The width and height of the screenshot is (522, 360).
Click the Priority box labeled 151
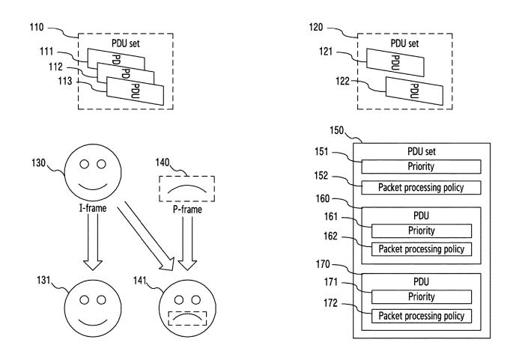[x=419, y=165]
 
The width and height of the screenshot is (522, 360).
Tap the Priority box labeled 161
[x=419, y=231]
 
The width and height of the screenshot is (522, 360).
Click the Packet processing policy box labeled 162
[x=419, y=248]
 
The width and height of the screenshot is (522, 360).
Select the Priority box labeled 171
[x=419, y=298]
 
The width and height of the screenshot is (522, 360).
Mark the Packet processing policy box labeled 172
[x=419, y=316]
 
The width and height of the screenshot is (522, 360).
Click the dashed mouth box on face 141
[x=189, y=320]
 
